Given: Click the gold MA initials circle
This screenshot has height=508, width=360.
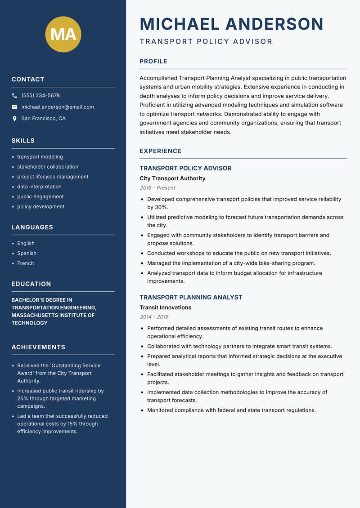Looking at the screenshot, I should click(x=63, y=34).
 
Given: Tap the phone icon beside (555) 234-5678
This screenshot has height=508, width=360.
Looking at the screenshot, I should click(x=15, y=96).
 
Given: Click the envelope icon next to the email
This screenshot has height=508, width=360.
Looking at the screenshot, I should click(x=15, y=107).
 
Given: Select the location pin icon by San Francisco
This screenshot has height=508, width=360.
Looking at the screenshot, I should click(x=15, y=119).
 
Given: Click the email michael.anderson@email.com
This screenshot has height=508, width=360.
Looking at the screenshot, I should click(x=58, y=107).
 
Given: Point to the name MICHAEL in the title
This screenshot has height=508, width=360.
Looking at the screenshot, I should click(x=180, y=24).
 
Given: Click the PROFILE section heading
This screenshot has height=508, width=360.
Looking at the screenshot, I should click(x=153, y=62).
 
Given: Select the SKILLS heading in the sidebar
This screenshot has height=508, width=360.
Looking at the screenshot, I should click(x=23, y=141).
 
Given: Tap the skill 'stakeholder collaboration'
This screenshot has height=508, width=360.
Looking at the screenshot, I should click(x=48, y=167).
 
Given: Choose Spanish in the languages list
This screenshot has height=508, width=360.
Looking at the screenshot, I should click(x=27, y=254).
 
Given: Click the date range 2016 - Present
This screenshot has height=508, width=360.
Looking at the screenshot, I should click(x=157, y=188).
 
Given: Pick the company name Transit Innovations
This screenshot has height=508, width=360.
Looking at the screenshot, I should click(x=165, y=307).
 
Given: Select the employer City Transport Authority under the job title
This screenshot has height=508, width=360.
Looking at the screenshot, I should click(x=172, y=178).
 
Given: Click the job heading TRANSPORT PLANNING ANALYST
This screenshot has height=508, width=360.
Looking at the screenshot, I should click(x=191, y=297).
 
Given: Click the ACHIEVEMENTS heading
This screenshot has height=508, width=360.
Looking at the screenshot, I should click(x=38, y=347).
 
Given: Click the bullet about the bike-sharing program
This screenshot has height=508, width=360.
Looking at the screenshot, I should click(x=231, y=263).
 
